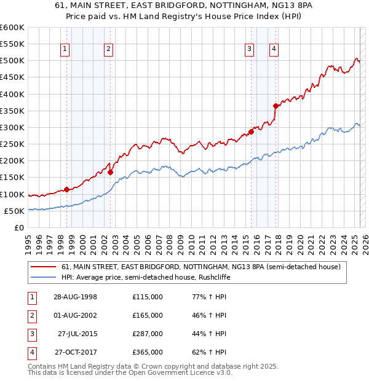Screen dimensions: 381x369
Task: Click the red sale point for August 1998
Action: click(x=66, y=189)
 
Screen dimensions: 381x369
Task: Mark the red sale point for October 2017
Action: click(x=276, y=106)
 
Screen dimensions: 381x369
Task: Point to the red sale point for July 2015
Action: click(x=251, y=132)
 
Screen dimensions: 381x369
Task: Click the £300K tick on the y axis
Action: click(x=12, y=127)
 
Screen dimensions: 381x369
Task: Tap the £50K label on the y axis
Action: click(x=14, y=211)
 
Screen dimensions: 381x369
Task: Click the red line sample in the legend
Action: click(x=43, y=267)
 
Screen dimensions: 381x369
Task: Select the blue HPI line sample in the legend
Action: click(x=43, y=277)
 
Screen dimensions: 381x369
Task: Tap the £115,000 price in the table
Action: click(x=148, y=297)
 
